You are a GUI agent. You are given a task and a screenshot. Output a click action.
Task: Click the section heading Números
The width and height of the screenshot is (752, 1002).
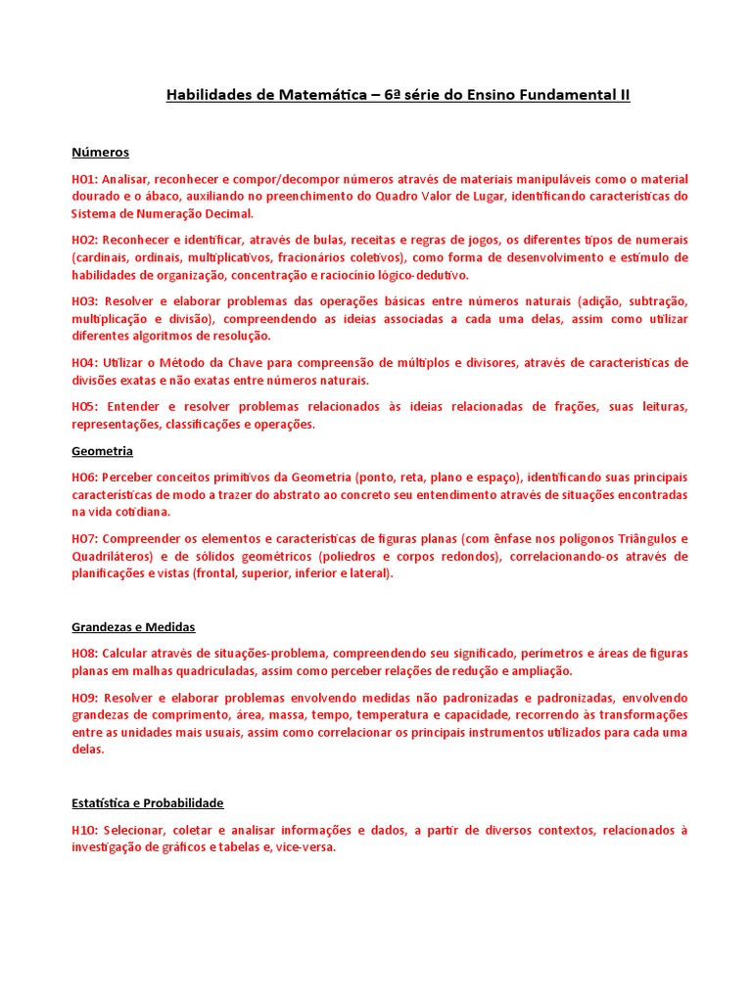(100, 153)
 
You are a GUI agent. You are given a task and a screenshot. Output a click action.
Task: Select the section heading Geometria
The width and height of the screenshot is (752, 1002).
(102, 451)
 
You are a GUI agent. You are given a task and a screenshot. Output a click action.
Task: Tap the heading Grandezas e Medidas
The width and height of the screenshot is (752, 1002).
(133, 626)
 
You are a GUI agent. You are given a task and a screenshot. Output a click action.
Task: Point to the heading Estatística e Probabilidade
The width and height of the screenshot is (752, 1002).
(147, 802)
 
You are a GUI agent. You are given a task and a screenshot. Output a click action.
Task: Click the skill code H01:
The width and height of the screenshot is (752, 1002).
(84, 179)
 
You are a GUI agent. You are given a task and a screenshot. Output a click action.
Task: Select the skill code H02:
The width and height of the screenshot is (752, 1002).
(84, 240)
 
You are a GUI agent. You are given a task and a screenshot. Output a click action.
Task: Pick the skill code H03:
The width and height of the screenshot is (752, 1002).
(84, 301)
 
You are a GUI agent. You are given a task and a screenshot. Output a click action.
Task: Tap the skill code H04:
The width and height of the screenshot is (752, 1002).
(84, 363)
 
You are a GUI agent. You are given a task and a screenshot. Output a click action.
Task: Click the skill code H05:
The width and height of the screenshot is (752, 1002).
(84, 407)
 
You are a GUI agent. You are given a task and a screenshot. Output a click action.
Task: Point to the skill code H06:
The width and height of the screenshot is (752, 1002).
(84, 478)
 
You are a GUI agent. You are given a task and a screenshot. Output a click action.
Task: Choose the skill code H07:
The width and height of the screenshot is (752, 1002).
(84, 539)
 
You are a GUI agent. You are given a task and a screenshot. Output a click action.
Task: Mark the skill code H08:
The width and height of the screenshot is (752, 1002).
(84, 653)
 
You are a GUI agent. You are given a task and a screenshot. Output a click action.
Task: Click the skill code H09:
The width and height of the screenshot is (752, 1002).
(84, 698)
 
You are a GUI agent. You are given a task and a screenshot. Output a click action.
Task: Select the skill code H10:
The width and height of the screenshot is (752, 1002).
(84, 830)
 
